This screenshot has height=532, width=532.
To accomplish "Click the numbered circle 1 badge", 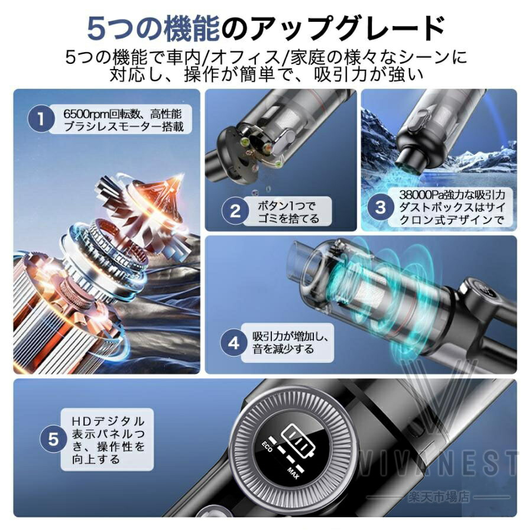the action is click(41, 119).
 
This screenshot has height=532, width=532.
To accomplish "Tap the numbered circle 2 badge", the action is click(235, 210).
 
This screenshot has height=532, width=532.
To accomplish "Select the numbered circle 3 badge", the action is click(381, 207).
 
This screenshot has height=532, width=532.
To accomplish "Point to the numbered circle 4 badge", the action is click(233, 343).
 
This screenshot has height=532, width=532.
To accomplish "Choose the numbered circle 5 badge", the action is click(53, 439).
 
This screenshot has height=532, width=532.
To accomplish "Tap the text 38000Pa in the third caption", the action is click(419, 194).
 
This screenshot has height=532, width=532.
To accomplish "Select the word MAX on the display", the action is click(293, 473).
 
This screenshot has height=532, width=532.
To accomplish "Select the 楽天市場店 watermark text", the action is click(439, 497).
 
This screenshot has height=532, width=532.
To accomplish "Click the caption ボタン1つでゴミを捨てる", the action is click(288, 212).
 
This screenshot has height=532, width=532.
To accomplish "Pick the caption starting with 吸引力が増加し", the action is click(290, 343).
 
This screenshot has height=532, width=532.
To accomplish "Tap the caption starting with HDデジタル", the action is click(108, 440).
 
